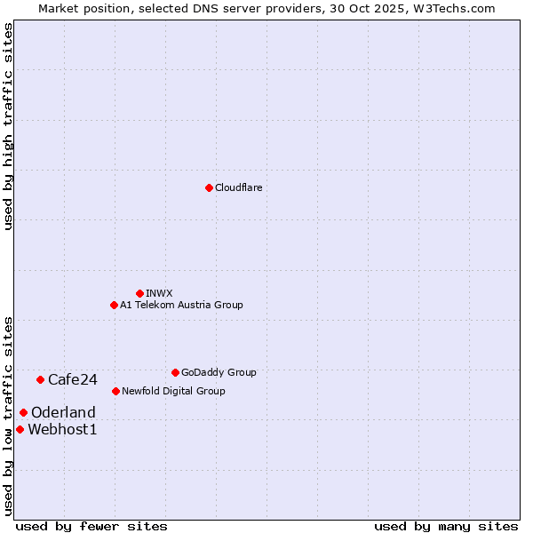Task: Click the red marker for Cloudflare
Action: click(209, 187)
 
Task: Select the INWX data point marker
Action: click(139, 293)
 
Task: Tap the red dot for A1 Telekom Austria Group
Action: click(114, 305)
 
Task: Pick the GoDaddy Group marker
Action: click(175, 372)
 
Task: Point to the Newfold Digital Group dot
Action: click(115, 391)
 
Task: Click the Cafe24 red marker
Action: click(40, 379)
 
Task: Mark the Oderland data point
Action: click(23, 412)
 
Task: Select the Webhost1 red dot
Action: click(20, 429)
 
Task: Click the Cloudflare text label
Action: click(238, 187)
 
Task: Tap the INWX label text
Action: click(159, 293)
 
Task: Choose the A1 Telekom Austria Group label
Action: click(181, 305)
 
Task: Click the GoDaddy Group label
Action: click(219, 372)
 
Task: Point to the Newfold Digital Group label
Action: click(173, 391)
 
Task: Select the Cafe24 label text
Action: click(73, 379)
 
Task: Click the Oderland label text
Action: click(63, 412)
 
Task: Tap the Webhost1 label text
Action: click(62, 429)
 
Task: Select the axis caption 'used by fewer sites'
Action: click(91, 526)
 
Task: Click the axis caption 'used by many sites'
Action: click(446, 526)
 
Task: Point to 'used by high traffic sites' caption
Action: click(8, 126)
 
